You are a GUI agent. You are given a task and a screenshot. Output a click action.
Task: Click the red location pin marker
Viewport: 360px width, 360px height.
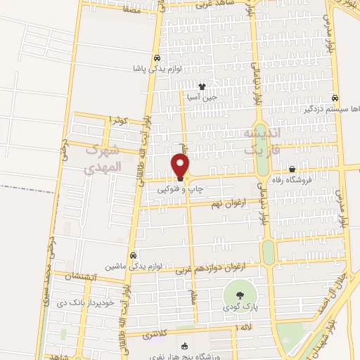point(181,167)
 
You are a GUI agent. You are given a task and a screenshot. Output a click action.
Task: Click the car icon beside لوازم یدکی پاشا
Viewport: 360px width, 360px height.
point(157,58)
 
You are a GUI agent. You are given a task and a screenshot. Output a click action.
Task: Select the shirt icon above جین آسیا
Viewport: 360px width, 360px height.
point(202,86)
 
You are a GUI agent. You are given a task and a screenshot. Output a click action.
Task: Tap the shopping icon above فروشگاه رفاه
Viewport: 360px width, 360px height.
point(292,169)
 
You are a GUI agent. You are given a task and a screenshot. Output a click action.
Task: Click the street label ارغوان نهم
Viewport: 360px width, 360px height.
point(221,204)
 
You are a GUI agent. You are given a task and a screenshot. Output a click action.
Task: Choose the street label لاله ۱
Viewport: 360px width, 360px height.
point(244,328)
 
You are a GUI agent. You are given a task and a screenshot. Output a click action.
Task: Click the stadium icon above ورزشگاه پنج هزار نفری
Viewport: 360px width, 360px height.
point(185,345)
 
